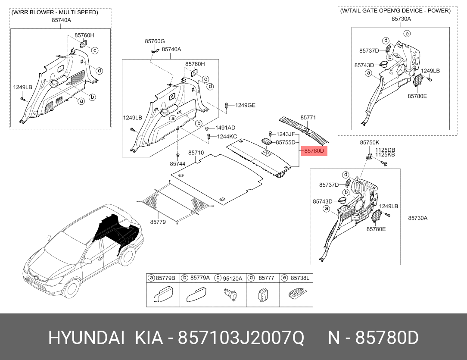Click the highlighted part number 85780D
point(314,151)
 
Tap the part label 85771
point(308,118)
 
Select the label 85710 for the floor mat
point(196,153)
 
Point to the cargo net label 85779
point(158,222)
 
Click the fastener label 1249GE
point(245,105)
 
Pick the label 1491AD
point(225,128)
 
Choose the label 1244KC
point(227,137)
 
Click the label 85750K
point(370,142)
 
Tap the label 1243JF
point(286,135)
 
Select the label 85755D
point(285,142)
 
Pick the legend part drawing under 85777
point(262,295)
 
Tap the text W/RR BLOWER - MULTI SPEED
point(55,12)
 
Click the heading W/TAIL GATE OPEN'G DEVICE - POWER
point(395,11)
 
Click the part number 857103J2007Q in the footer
point(241,338)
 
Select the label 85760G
point(155,41)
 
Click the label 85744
point(178,164)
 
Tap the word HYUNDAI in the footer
point(86,338)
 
